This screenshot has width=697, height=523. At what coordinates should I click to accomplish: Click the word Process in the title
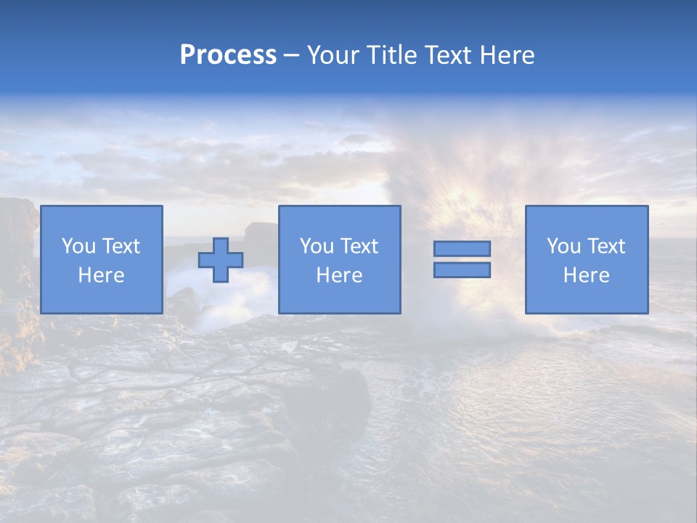pyautogui.click(x=228, y=55)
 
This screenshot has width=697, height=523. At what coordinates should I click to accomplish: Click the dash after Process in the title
pyautogui.click(x=292, y=56)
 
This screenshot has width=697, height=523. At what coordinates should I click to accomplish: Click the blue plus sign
pyautogui.click(x=221, y=259)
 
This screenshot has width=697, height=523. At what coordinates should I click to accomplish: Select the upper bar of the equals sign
pyautogui.click(x=462, y=248)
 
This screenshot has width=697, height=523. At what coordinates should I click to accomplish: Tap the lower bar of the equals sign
pyautogui.click(x=462, y=270)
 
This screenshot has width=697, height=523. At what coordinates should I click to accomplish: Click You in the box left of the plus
pyautogui.click(x=78, y=246)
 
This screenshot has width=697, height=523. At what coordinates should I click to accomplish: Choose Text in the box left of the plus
pyautogui.click(x=121, y=246)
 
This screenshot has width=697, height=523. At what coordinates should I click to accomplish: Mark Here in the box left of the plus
pyautogui.click(x=101, y=275)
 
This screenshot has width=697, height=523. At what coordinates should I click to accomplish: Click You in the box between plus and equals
pyautogui.click(x=317, y=246)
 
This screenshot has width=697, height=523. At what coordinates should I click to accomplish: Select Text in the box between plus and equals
pyautogui.click(x=359, y=246)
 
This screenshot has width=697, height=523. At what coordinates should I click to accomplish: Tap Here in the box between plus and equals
pyautogui.click(x=339, y=275)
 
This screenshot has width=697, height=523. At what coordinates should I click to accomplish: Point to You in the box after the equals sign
pyautogui.click(x=563, y=246)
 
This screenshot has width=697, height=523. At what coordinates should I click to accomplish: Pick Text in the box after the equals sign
pyautogui.click(x=606, y=246)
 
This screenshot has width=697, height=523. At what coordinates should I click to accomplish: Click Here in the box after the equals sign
pyautogui.click(x=586, y=275)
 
